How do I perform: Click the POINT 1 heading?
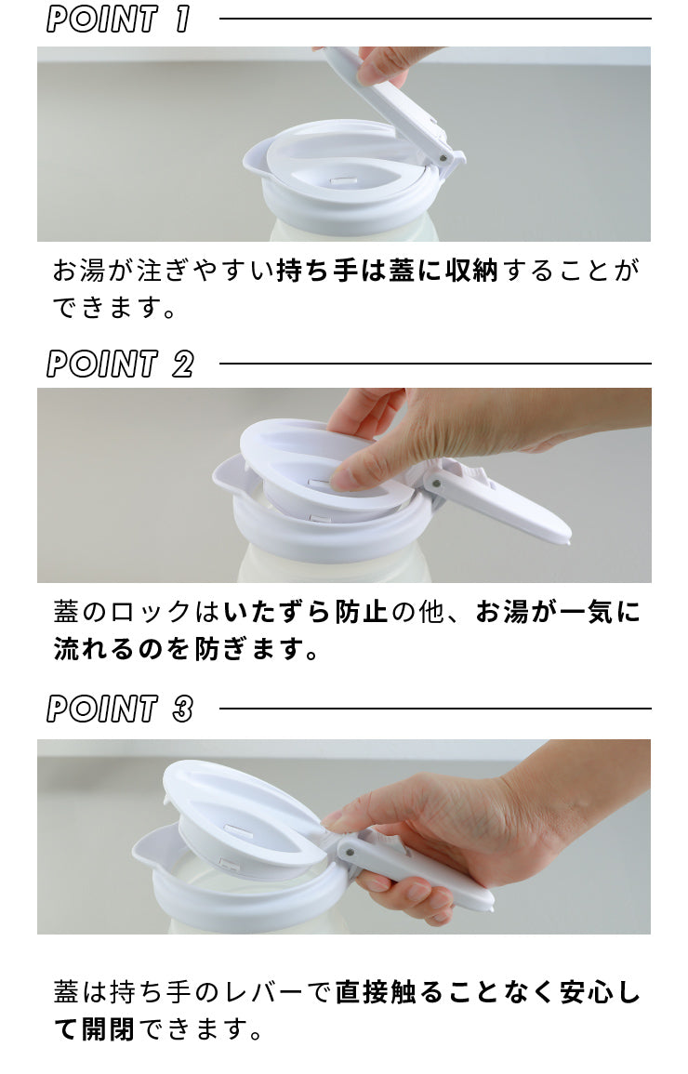118,20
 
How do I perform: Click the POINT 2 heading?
120,364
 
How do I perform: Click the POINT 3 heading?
120,709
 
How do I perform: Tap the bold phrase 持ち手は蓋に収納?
387,272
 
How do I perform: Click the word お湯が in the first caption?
92,272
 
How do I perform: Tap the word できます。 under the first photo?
115,308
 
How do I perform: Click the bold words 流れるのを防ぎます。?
186,648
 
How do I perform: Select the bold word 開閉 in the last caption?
108,1028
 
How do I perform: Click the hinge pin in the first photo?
443,157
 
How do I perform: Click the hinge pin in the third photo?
350,852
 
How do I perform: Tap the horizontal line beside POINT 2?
435,364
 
